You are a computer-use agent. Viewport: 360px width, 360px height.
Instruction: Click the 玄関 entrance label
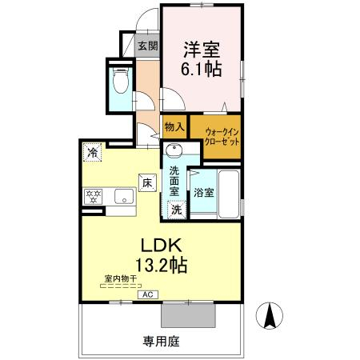tap(148, 46)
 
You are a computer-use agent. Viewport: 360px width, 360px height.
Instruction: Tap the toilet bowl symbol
tap(121, 81)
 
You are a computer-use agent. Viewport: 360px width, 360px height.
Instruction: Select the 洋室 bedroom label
tap(202, 50)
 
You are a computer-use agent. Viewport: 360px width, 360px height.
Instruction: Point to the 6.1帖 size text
tap(202, 69)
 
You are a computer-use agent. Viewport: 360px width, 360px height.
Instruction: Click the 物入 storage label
tap(174, 127)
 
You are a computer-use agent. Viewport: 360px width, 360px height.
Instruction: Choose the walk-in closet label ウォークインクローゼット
tap(222, 137)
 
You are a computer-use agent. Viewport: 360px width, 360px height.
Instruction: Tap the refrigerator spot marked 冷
tap(93, 152)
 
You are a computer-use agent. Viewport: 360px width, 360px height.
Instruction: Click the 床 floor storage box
tap(147, 183)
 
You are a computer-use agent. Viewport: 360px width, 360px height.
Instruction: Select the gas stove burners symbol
tap(93, 197)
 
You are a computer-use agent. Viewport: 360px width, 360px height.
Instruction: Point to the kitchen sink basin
tap(124, 196)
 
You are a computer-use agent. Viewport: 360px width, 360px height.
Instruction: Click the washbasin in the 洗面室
tap(174, 150)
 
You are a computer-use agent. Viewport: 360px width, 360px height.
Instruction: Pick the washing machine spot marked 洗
tap(176, 210)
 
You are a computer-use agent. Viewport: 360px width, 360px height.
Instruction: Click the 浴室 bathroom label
tap(204, 193)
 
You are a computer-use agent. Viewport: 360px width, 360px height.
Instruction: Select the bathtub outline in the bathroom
tap(229, 194)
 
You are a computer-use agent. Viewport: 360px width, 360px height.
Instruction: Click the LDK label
tap(162, 245)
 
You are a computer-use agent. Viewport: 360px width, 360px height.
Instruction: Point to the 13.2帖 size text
tap(162, 265)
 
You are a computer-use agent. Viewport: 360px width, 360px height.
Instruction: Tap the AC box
tap(148, 294)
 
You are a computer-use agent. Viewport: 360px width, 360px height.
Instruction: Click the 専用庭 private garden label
tap(162, 342)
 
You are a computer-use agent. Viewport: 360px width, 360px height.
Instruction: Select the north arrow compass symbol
tap(270, 315)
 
